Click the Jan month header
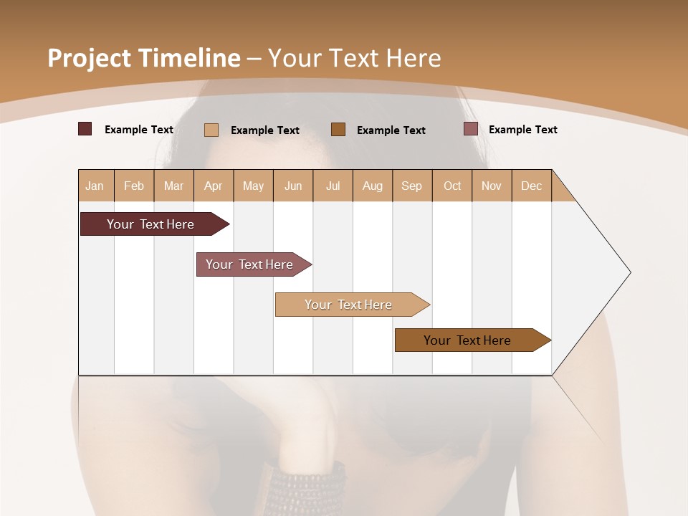(95, 186)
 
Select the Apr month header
(213, 186)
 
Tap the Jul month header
(333, 186)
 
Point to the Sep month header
(411, 186)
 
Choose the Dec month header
(531, 186)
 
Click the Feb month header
(134, 186)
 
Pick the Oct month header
(452, 186)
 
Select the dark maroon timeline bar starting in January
(150, 224)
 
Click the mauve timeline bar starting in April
(249, 264)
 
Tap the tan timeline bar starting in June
(348, 305)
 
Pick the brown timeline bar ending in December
(467, 340)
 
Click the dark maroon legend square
(85, 129)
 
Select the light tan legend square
(211, 130)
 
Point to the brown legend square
(338, 129)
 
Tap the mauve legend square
(470, 129)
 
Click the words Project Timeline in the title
(143, 58)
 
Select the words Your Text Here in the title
(354, 58)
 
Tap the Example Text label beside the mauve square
(522, 130)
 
